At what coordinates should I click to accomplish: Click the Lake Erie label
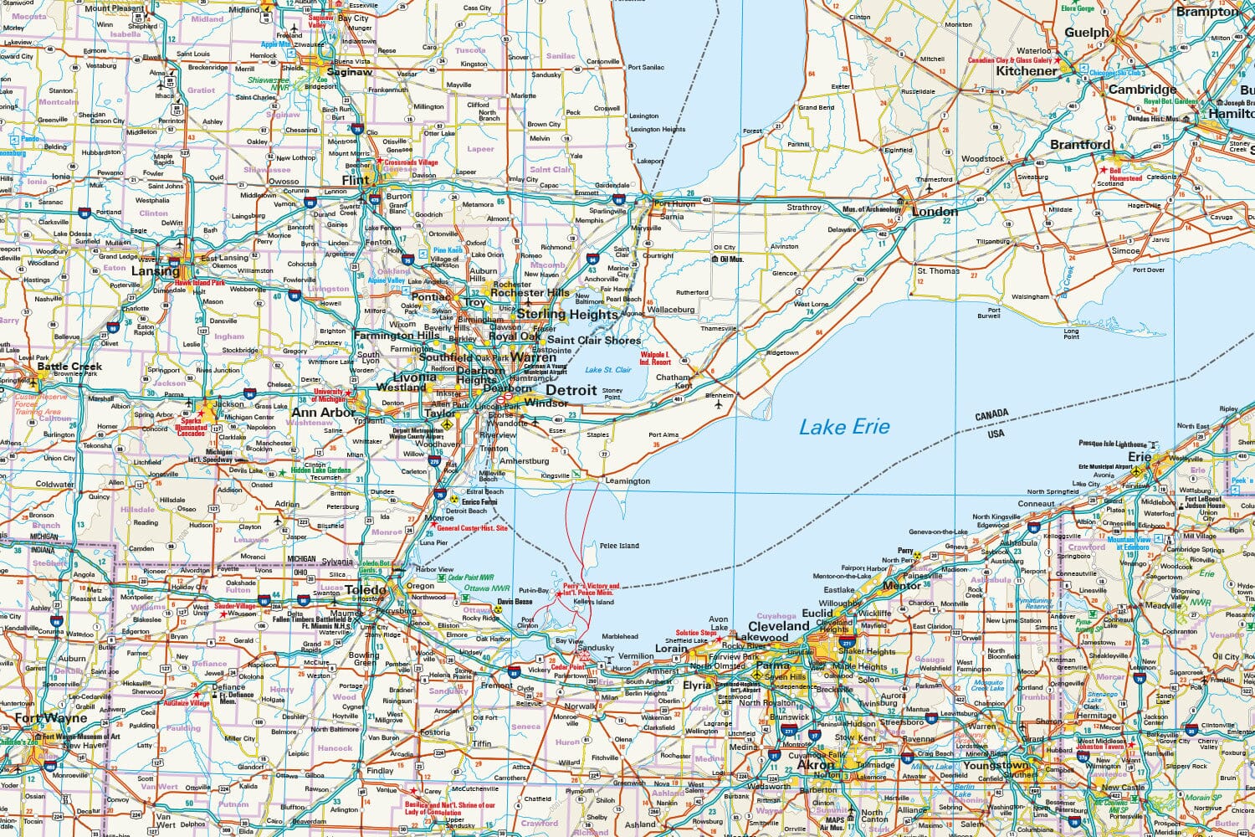844,427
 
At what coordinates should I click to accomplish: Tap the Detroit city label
571,390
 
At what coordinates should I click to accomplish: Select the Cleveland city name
778,626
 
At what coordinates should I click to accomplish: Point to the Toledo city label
366,590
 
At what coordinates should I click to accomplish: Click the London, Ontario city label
935,212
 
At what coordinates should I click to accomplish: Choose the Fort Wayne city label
50,718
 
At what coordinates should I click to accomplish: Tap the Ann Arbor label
323,412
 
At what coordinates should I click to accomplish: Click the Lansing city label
155,271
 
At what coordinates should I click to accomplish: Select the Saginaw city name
349,72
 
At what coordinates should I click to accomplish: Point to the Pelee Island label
618,546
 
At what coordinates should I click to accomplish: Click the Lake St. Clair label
608,370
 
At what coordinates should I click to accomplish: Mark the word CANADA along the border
991,416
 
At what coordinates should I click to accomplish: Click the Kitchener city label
1027,71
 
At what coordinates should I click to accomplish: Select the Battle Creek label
69,366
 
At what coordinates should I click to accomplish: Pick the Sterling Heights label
567,314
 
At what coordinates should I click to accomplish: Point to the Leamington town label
627,481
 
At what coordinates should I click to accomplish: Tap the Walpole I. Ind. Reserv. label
655,358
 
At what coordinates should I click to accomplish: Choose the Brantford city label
1080,144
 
